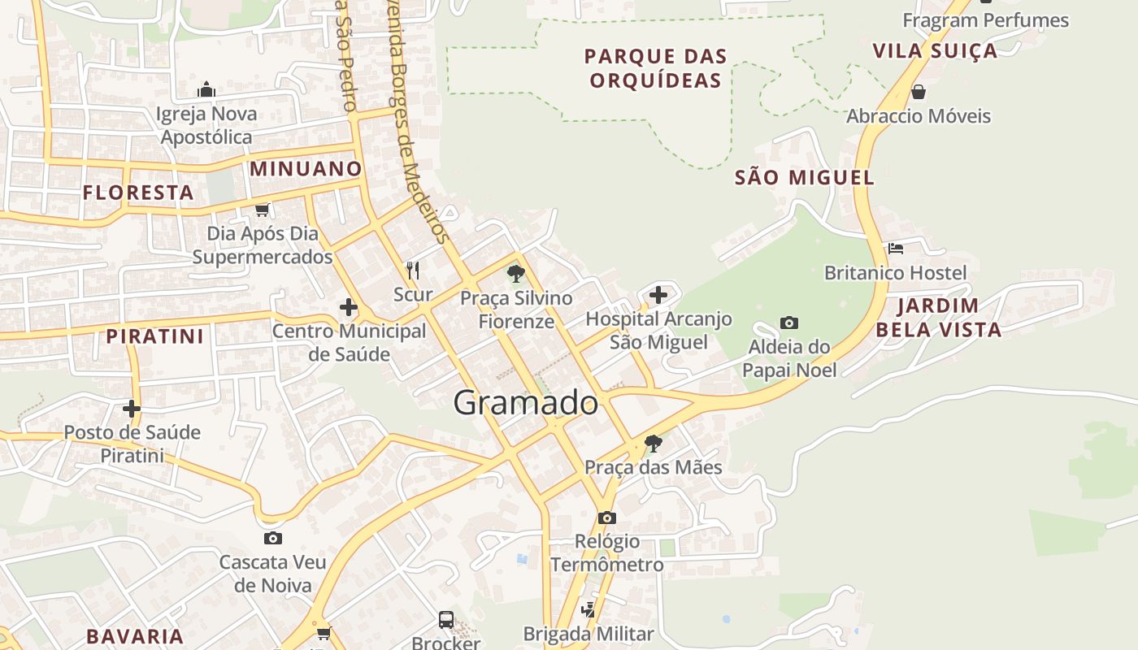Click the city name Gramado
pos(525,403)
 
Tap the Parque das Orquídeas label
pos(655,68)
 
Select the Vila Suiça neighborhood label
pos(935,50)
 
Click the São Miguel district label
pos(804,177)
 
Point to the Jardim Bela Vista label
pos(949,318)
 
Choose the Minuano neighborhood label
pos(306,168)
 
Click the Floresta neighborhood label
pos(138,193)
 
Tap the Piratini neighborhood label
pos(154,336)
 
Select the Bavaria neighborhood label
pos(135,636)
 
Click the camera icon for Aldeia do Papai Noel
pos(788,323)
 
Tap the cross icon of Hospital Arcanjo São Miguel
pos(658,294)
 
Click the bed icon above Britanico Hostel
pos(896,248)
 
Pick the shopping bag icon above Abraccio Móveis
pos(919,91)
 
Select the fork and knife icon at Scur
pos(413,270)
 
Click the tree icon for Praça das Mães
pos(653,444)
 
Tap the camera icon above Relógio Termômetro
pos(606,518)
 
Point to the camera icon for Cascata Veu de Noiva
pos(273,538)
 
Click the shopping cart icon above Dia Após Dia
pos(262,210)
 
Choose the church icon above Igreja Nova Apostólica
pos(206,89)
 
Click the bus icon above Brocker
pos(446,619)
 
